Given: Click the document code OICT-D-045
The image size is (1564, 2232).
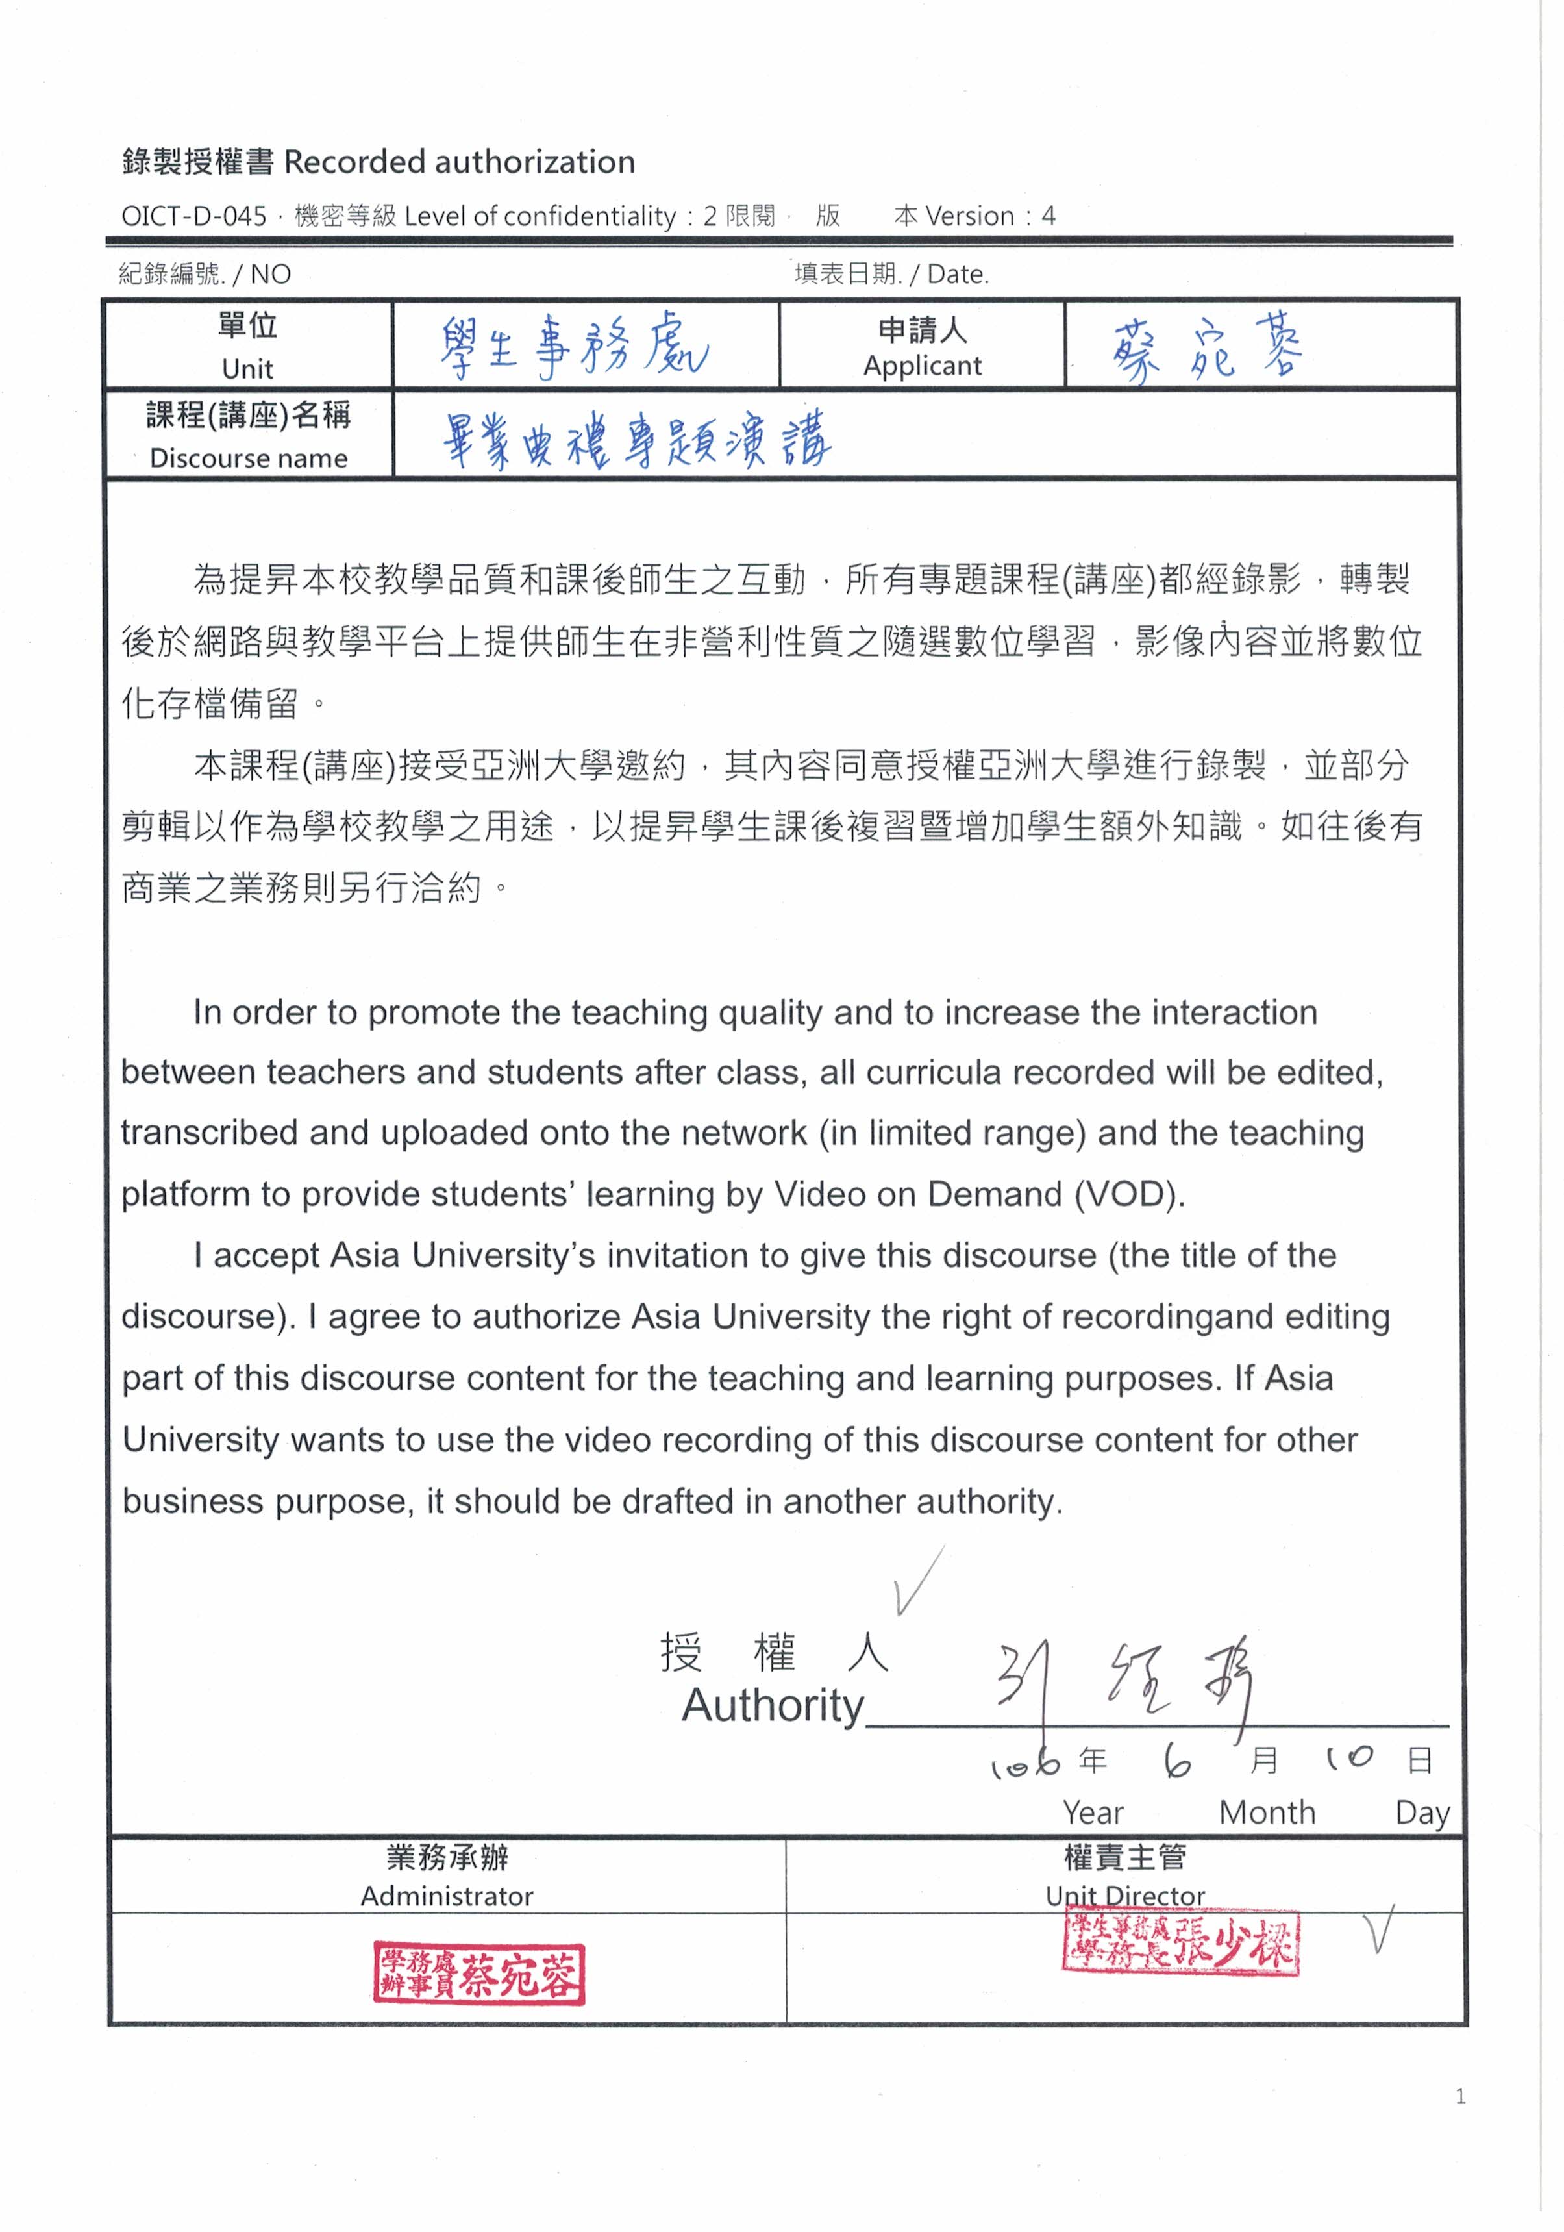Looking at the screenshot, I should [193, 216].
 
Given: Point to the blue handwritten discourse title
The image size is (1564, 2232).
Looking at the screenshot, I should [637, 440].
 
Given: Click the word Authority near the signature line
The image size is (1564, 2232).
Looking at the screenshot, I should [773, 1706].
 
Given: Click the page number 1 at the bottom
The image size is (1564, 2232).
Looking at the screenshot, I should [1460, 2097].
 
